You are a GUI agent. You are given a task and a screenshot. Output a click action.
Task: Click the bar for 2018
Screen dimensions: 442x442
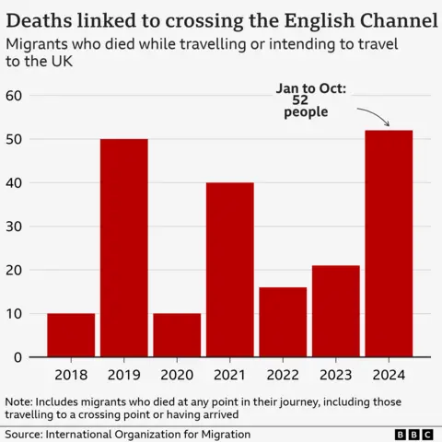point(71,335)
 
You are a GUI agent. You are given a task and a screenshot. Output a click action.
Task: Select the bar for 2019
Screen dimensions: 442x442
point(123,248)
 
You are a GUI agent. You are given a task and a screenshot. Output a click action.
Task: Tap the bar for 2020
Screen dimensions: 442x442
point(177,335)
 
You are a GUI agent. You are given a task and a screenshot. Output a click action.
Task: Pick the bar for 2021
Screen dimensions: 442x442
point(229,270)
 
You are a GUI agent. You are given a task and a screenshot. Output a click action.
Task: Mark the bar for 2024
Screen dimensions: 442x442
point(389,244)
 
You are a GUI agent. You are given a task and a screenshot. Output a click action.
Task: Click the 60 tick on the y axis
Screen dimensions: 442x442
point(14,96)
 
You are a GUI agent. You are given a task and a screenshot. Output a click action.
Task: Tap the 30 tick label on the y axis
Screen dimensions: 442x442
point(14,227)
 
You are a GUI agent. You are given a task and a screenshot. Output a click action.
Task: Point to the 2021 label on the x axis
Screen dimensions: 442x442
point(229,376)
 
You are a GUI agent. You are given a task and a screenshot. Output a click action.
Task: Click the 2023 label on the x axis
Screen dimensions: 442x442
point(335,376)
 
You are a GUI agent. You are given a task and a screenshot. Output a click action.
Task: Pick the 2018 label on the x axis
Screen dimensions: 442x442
point(71,376)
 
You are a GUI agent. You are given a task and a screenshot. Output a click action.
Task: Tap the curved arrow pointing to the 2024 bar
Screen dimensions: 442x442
point(374,117)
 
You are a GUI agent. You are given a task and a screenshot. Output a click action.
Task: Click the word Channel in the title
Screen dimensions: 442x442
point(395,18)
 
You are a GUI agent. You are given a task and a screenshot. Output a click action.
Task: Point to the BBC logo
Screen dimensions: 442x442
point(413,433)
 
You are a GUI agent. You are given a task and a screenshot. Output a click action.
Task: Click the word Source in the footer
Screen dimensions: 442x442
point(26,433)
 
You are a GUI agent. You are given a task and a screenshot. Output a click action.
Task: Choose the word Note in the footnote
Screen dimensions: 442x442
point(18,401)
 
